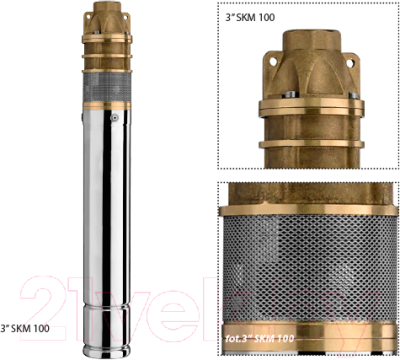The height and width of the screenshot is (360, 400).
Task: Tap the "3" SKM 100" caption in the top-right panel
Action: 255,18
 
